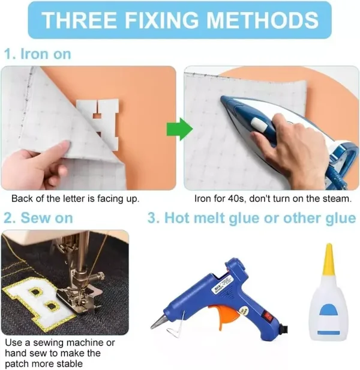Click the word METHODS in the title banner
[x=262, y=20]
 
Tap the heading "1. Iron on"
[x=38, y=54]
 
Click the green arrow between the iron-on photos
[x=179, y=129]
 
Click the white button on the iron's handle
[x=259, y=124]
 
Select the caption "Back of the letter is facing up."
[x=76, y=199]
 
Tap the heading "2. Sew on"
[x=38, y=217]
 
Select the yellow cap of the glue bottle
[x=329, y=259]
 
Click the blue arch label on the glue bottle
[x=329, y=311]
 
